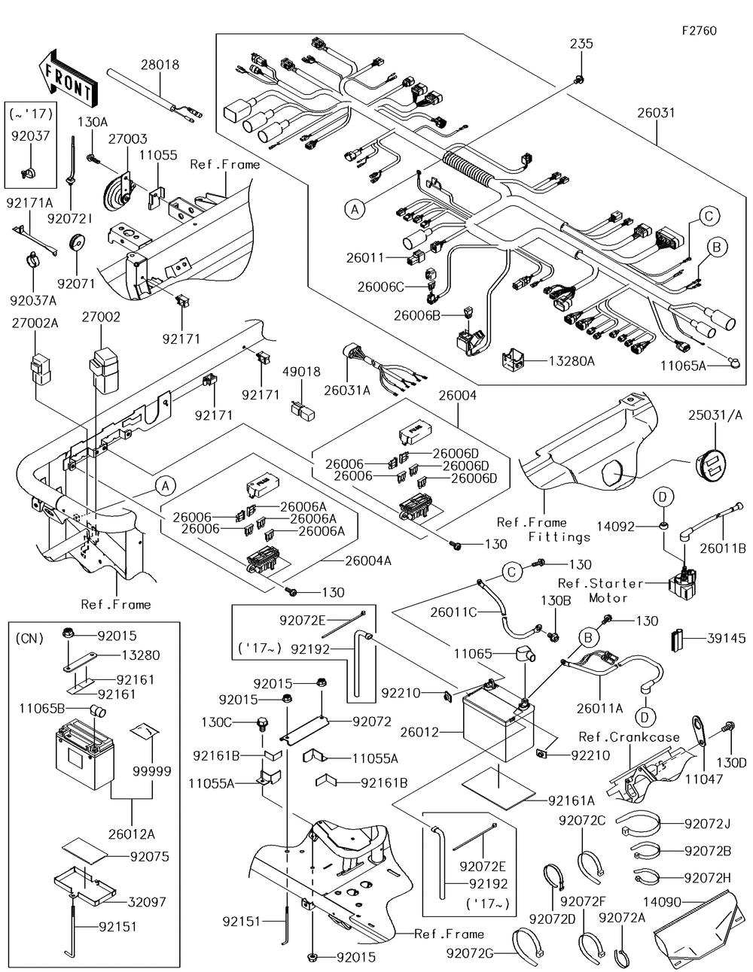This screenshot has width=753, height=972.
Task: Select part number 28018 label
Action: coord(160,65)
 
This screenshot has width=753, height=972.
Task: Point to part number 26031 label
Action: coord(655,114)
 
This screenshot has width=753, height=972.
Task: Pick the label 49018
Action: coord(301,372)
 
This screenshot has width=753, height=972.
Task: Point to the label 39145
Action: coord(726,639)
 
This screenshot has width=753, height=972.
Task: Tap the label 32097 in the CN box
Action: coord(148,902)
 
